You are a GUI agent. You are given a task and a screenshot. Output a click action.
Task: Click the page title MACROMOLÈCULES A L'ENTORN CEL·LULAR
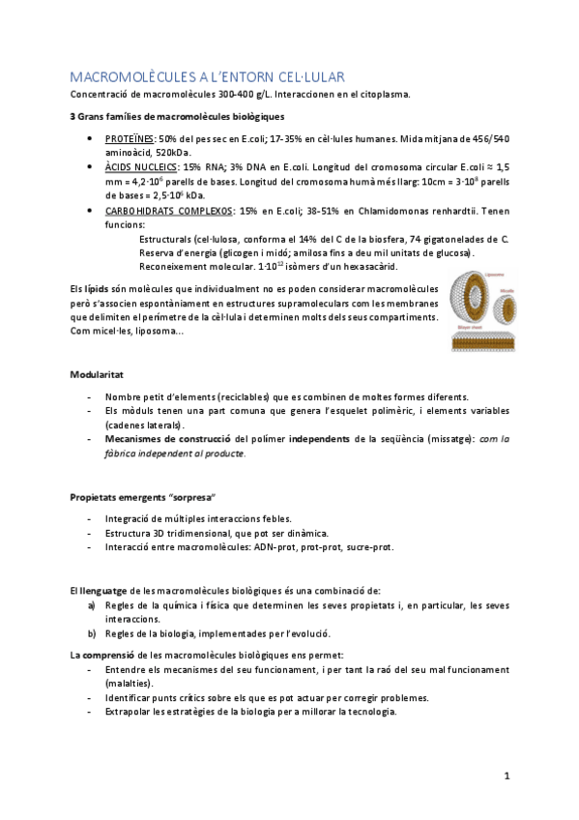tap(208, 76)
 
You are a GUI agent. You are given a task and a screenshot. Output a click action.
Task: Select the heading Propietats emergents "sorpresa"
tap(134, 497)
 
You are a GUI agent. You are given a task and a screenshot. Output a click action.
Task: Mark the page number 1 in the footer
tap(507, 776)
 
